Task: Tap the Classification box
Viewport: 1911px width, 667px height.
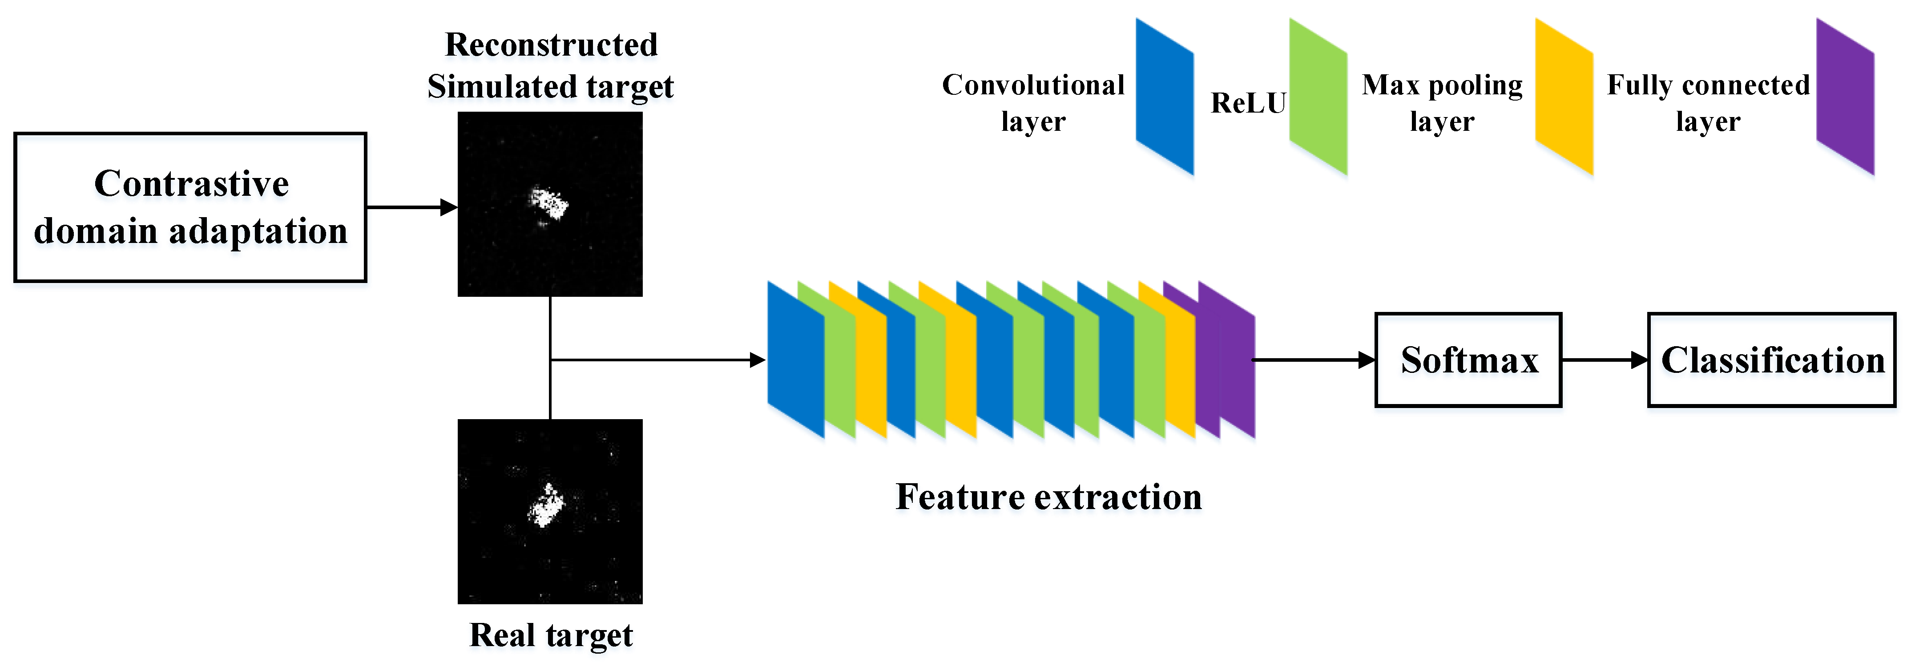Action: point(1771,360)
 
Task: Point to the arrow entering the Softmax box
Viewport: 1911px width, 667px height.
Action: point(1313,360)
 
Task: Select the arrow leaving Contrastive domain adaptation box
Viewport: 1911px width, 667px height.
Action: point(412,207)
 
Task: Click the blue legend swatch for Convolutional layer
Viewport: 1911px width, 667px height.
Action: point(1165,97)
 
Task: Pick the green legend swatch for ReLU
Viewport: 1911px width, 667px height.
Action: point(1318,97)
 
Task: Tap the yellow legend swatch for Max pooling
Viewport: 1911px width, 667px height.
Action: point(1564,97)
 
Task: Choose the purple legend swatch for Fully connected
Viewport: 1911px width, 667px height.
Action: point(1845,97)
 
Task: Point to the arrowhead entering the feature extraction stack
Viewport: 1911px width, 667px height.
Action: point(758,360)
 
